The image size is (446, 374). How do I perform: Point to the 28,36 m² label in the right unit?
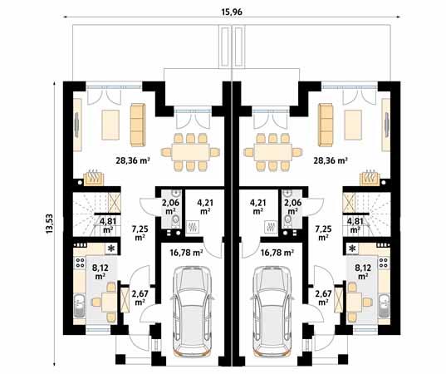(x=330, y=161)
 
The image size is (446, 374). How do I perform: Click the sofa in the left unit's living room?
(x=137, y=122)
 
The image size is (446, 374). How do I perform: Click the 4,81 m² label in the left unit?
(x=108, y=224)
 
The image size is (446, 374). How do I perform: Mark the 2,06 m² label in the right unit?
(x=292, y=206)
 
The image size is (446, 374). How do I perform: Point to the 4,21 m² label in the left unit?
(x=203, y=205)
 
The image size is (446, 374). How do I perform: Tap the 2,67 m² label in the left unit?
(x=140, y=297)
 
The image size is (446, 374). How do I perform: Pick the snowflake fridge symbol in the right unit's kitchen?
(x=354, y=248)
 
